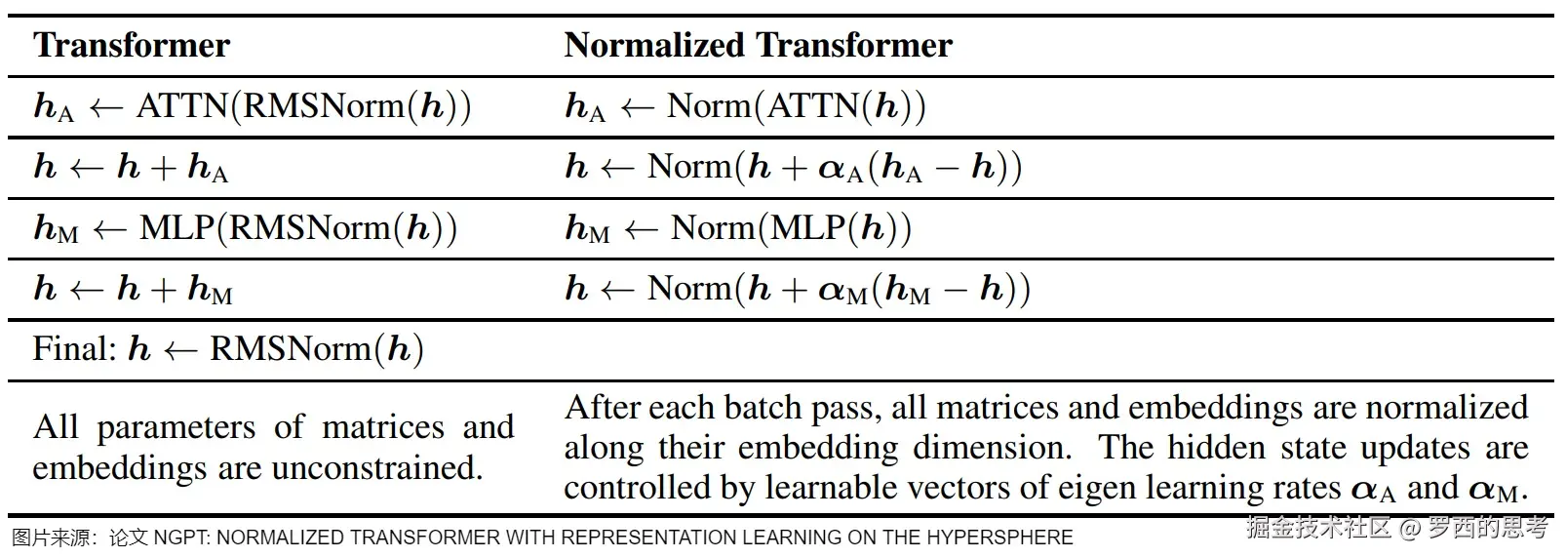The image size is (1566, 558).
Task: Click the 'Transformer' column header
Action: [132, 46]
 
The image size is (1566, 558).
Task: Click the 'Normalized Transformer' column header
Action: [758, 46]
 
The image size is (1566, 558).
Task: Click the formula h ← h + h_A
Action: [131, 168]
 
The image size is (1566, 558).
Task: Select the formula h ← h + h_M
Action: [133, 289]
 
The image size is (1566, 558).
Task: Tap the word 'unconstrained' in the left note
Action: [376, 468]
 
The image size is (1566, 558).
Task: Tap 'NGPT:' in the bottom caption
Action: [181, 538]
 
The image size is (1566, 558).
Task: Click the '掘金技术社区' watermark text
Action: [1317, 529]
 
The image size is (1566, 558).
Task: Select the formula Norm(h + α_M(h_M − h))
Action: [839, 289]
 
